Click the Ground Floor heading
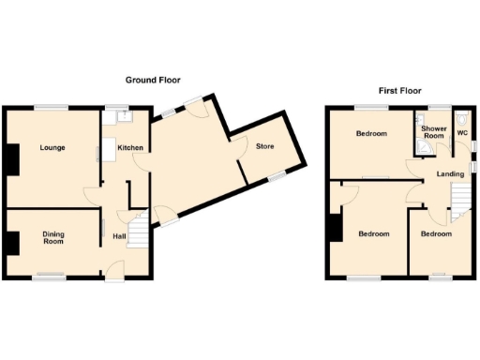point(153,81)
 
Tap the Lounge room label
point(52,148)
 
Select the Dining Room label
point(52,238)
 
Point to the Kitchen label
point(129,148)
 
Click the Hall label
point(120,236)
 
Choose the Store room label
point(265,146)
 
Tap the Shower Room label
point(433,132)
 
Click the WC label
point(461,133)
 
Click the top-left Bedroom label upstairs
point(371,134)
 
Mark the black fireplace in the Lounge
point(10,159)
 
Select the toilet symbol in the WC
point(463,119)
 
